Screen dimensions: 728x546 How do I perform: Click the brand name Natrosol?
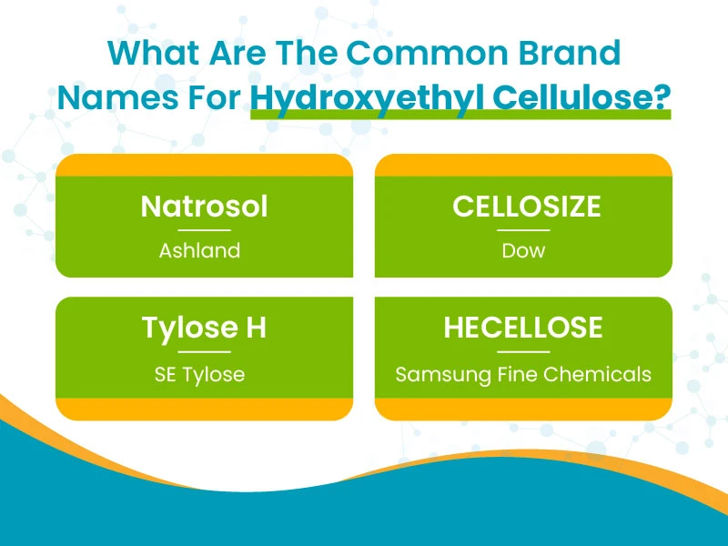(204, 207)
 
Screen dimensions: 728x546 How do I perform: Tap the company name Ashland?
(199, 251)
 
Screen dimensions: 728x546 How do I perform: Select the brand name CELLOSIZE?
(527, 207)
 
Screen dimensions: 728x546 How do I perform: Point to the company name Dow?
(523, 251)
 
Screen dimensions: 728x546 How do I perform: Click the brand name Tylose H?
(204, 329)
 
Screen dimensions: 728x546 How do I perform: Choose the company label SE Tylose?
(199, 374)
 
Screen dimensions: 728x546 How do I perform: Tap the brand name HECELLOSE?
(523, 328)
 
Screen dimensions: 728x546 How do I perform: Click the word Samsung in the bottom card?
(443, 375)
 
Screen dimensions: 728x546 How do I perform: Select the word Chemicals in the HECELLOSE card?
(597, 374)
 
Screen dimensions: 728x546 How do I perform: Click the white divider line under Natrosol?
(204, 230)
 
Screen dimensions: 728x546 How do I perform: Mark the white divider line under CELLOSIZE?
(523, 230)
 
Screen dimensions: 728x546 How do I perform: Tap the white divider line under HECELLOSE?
(523, 352)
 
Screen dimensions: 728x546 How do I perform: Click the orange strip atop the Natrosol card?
(204, 166)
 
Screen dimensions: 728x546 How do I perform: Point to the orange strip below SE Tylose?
(204, 409)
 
